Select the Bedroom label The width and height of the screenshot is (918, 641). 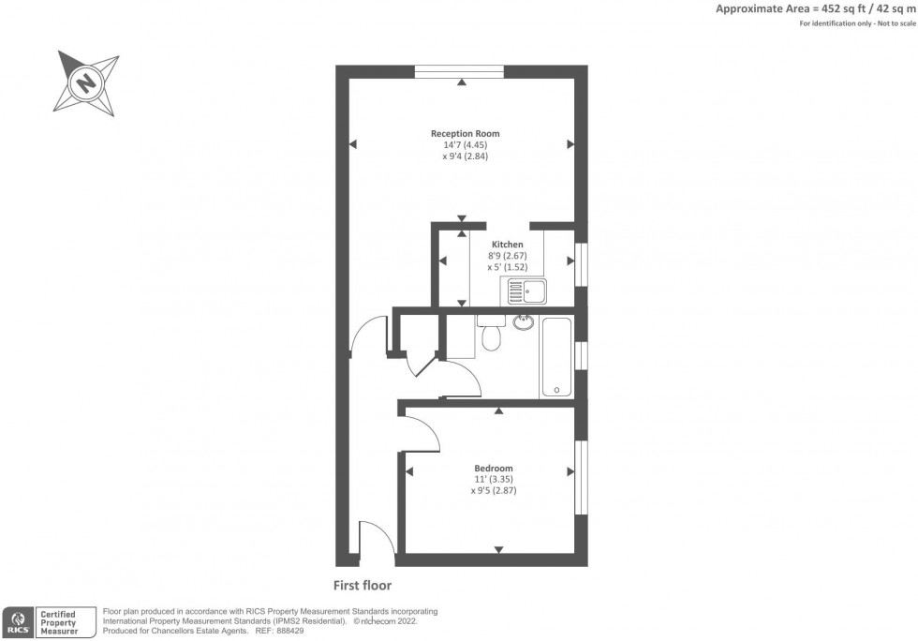click(493, 468)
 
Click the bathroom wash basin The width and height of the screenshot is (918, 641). click(523, 323)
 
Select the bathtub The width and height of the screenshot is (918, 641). click(556, 357)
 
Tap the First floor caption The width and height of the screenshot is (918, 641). click(363, 586)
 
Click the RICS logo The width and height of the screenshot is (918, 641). click(18, 620)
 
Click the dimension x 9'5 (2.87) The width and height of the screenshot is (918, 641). click(494, 490)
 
